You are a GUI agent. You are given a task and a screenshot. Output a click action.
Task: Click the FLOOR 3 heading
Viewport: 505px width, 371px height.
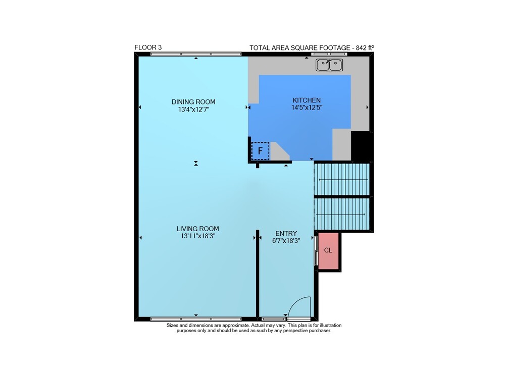point(148,47)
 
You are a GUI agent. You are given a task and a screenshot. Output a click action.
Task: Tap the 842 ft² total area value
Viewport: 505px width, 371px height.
point(365,47)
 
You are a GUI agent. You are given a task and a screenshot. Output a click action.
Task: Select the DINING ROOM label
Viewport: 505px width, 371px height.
point(193,102)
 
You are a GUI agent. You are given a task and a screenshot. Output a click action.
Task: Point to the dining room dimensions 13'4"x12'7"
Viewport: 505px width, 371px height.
point(193,110)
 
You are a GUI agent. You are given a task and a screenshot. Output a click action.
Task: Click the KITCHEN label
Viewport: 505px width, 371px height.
point(307,100)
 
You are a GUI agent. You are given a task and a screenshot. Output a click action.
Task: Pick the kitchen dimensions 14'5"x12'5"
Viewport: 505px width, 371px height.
point(307,108)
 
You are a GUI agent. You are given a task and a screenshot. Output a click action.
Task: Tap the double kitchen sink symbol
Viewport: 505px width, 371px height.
point(329,65)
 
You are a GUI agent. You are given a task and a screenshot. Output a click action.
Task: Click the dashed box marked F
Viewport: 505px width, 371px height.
point(260,151)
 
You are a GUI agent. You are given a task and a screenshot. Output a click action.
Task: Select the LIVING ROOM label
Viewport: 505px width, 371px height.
point(198,229)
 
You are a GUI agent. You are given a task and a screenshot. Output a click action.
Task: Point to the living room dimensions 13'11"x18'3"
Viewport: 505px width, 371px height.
point(198,236)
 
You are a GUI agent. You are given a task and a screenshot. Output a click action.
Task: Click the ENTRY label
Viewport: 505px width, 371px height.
point(286,234)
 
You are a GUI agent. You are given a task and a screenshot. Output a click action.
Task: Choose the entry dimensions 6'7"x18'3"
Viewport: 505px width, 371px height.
point(286,241)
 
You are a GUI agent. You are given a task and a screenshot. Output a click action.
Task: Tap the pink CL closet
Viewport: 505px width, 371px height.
point(328,250)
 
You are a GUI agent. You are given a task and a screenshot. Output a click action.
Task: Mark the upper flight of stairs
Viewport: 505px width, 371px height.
point(341,179)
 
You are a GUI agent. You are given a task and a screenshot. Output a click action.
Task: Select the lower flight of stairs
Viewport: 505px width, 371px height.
point(341,214)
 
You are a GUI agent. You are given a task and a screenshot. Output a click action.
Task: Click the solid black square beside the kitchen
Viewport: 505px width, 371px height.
point(362,146)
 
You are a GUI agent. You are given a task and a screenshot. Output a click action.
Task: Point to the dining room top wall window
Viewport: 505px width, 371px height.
point(196,54)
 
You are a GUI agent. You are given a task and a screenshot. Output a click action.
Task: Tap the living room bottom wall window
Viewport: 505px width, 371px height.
point(196,319)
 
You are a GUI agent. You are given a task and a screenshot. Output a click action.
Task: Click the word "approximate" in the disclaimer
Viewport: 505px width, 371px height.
point(235,325)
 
